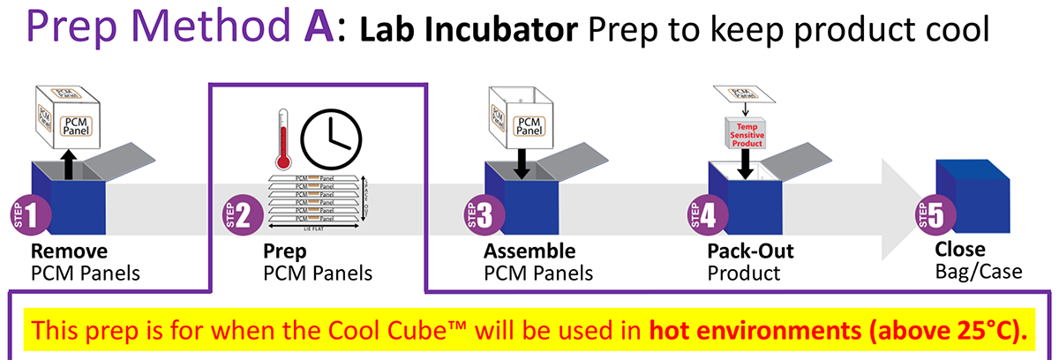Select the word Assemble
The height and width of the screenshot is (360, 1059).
529,251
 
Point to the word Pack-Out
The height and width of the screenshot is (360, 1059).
750,251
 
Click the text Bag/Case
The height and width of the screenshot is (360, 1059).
979,271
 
